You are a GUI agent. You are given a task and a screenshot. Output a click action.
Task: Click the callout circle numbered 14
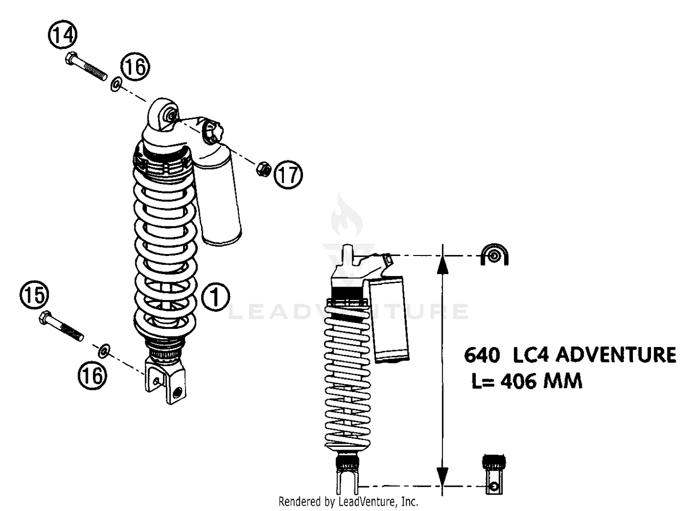click(62, 36)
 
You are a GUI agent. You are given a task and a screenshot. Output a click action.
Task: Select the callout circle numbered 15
click(33, 295)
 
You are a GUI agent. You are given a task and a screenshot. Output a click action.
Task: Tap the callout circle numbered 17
click(288, 175)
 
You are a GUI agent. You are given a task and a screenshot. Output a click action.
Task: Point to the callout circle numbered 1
click(215, 296)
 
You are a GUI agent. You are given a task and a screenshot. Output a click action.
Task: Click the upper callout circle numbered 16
click(136, 67)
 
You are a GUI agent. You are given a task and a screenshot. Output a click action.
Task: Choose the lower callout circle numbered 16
click(92, 374)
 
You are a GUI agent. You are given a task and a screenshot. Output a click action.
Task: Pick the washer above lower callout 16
click(104, 350)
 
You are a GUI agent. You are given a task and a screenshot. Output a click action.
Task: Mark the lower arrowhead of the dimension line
click(443, 475)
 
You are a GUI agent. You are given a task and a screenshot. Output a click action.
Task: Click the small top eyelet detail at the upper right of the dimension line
click(494, 255)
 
